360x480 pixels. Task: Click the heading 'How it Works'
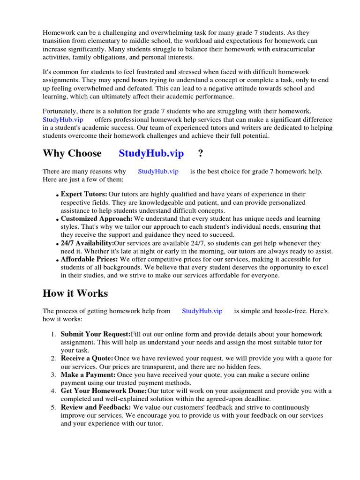(x=75, y=293)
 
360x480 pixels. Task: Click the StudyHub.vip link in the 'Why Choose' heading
(x=151, y=153)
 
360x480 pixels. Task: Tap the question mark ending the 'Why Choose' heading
(x=201, y=153)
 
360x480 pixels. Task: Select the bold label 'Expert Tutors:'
(x=84, y=194)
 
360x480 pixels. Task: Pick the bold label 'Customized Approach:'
(x=97, y=219)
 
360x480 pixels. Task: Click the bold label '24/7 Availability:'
(x=87, y=243)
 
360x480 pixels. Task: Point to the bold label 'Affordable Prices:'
(x=90, y=259)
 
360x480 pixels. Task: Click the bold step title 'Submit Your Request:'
(x=96, y=334)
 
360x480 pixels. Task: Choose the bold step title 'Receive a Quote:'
(x=87, y=358)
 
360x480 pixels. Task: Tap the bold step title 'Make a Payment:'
(x=88, y=375)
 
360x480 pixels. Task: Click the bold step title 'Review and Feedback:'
(x=96, y=407)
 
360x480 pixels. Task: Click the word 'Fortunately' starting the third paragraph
(x=60, y=111)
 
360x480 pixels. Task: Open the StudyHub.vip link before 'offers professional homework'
(x=63, y=120)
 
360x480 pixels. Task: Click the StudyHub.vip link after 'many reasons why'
(x=158, y=172)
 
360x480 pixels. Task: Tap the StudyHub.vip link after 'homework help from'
(x=202, y=311)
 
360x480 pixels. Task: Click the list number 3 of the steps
(x=53, y=375)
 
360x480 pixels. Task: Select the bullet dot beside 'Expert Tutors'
(x=57, y=195)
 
